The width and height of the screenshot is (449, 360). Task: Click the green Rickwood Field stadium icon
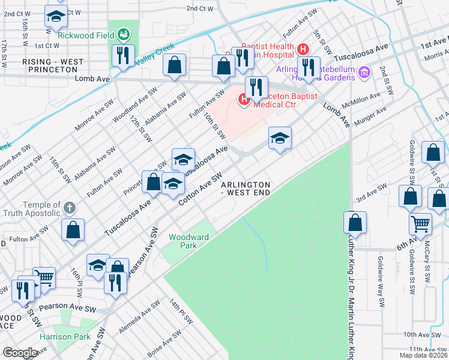click(124, 34)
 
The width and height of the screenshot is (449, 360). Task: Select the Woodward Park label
click(188, 241)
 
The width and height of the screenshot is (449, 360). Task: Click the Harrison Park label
click(60, 337)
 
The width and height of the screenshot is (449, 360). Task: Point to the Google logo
click(20, 353)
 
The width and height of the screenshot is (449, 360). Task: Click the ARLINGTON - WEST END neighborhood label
click(246, 188)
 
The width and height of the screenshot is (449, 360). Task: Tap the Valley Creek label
click(154, 55)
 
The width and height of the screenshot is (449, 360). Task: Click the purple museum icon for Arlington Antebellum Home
click(364, 73)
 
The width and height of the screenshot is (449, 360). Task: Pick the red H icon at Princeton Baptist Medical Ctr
click(244, 100)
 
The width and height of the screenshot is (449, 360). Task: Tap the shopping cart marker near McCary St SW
click(420, 223)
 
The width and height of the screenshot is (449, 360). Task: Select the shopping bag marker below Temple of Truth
click(73, 229)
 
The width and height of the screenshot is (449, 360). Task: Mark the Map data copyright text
click(424, 355)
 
